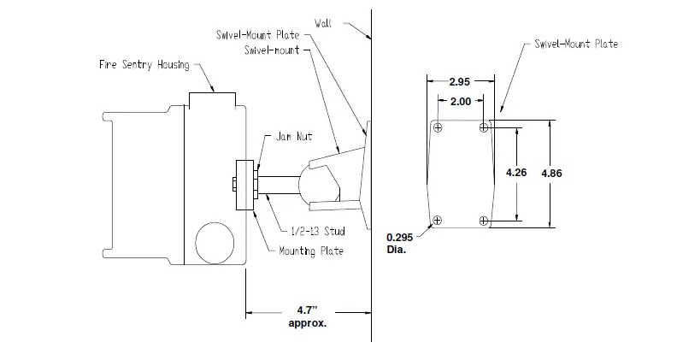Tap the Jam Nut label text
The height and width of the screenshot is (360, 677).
(x=296, y=136)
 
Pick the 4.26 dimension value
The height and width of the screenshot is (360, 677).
(x=516, y=172)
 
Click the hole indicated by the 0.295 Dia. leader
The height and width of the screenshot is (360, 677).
(x=438, y=221)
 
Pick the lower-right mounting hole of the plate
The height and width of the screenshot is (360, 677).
(x=485, y=221)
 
